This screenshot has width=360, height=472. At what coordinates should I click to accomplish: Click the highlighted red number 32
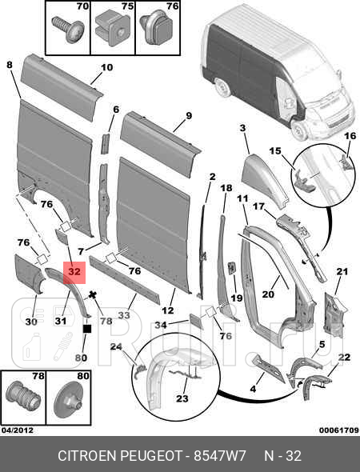[x=74, y=273]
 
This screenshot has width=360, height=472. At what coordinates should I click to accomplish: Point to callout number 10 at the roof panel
[x=107, y=67]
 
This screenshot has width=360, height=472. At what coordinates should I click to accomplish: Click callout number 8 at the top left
[x=10, y=65]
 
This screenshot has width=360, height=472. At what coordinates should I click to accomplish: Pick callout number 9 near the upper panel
[x=189, y=116]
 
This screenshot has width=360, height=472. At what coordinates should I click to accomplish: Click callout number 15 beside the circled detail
[x=275, y=151]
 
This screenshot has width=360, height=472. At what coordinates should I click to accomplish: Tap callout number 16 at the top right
[x=349, y=137]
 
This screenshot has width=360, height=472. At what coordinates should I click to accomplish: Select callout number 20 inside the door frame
[x=268, y=294]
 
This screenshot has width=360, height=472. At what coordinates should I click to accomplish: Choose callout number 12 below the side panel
[x=168, y=310]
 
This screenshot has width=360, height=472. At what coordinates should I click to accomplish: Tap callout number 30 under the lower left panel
[x=31, y=322]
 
